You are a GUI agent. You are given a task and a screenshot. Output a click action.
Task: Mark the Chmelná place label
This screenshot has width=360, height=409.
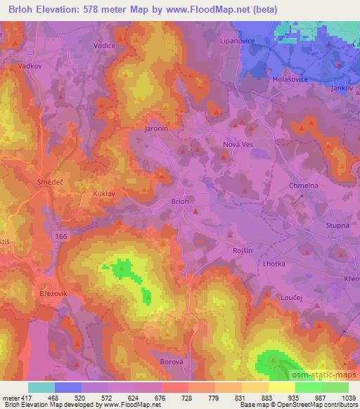[304, 186]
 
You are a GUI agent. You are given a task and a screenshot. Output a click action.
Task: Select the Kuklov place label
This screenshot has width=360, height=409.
[104, 191]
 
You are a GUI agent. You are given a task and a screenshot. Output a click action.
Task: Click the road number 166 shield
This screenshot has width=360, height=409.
[62, 238]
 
